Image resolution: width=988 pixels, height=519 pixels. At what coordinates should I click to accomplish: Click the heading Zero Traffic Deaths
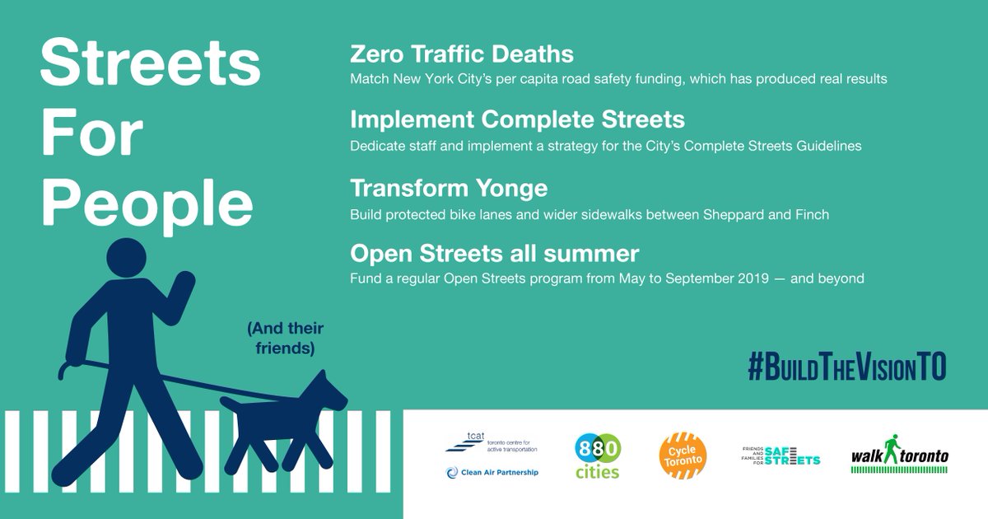coord(461,55)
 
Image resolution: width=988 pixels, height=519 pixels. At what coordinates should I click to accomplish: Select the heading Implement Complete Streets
coord(517,119)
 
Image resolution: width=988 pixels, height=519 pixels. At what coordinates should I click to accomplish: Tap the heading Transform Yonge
coord(449,188)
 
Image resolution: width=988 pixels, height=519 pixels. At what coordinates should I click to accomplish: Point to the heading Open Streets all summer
coord(494,252)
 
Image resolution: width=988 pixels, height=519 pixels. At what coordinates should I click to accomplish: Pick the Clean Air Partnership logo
coord(492,472)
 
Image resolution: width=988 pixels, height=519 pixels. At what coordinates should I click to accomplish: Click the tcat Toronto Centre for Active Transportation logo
coord(491,443)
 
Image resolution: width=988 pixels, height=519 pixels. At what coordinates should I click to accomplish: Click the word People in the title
coord(146,202)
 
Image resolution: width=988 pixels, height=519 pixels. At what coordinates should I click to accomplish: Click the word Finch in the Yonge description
coord(812,214)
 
